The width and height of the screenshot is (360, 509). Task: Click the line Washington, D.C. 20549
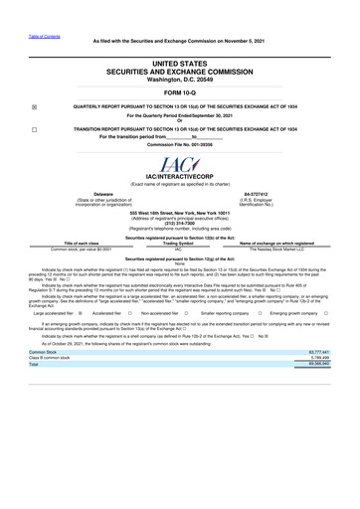point(180,81)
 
